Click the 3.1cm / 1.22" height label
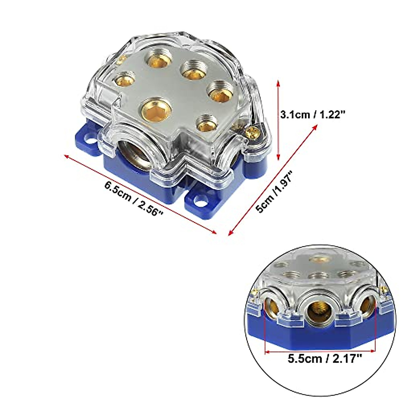click(x=313, y=115)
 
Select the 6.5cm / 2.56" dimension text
click(x=134, y=199)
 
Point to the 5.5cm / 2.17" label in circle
click(x=325, y=359)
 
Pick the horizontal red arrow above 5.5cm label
click(x=320, y=351)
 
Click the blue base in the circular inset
click(x=318, y=335)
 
